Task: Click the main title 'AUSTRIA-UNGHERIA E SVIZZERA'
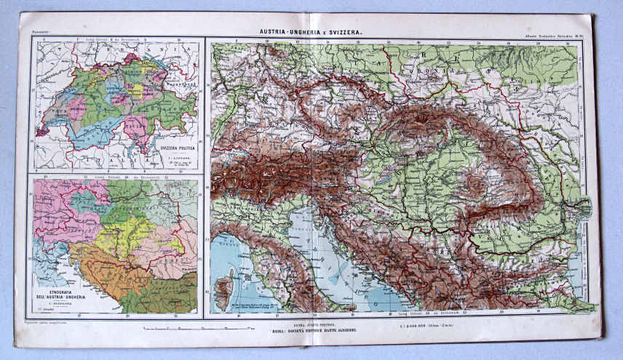coord(311,33)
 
